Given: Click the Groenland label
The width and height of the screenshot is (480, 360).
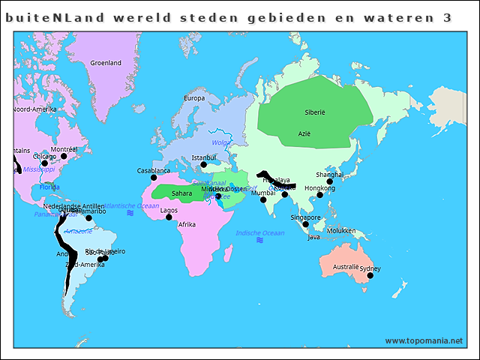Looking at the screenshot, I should click(106, 63).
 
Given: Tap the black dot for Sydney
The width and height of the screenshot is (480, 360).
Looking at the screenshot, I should click(370, 275).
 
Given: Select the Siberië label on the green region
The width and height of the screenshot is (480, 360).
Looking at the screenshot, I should click(315, 112).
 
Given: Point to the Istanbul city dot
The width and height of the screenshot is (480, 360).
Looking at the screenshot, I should click(203, 165).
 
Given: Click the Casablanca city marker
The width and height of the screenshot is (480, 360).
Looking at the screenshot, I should click(154, 178).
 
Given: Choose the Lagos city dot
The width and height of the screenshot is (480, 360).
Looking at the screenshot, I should click(169, 217).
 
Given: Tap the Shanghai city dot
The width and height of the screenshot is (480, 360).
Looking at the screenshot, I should click(330, 181).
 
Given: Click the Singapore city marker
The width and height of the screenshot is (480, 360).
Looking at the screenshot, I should click(305, 224).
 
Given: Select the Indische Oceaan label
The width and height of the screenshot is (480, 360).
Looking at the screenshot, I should click(259, 233).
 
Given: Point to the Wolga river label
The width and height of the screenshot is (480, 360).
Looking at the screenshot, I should click(221, 142).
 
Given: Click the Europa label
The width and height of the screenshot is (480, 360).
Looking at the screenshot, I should click(194, 98).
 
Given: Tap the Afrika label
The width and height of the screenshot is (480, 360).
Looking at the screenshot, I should click(187, 224).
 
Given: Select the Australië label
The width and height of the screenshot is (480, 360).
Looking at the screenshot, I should click(346, 267).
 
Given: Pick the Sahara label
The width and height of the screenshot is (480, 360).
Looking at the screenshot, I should click(182, 193).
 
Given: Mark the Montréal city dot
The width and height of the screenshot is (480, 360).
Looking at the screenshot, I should click(64, 157).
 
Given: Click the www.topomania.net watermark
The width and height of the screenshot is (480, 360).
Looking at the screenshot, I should click(424, 340).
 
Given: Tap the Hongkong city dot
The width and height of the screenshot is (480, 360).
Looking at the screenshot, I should click(319, 195).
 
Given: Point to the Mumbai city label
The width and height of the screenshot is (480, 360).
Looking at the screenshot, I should click(262, 193).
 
